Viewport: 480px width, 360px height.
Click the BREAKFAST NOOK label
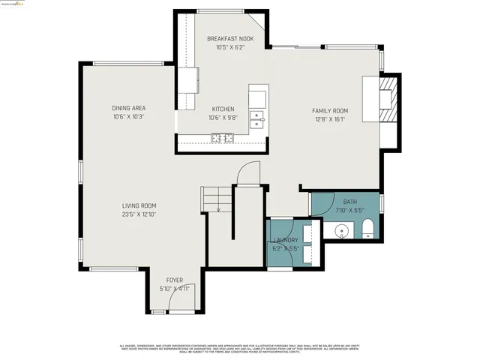(x=230, y=38)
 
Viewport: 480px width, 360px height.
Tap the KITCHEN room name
(x=222, y=109)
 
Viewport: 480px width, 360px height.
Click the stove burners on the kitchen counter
(x=223, y=137)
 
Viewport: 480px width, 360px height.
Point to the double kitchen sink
(x=257, y=119)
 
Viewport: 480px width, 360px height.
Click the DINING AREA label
(x=128, y=108)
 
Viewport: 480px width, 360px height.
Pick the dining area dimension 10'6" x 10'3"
(x=128, y=117)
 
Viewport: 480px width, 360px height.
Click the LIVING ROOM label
(x=139, y=205)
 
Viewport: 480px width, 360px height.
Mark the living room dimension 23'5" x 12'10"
(x=139, y=214)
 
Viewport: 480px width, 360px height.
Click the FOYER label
(x=174, y=280)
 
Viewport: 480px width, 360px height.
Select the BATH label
(x=350, y=202)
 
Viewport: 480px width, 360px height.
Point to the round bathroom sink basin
(x=342, y=229)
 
